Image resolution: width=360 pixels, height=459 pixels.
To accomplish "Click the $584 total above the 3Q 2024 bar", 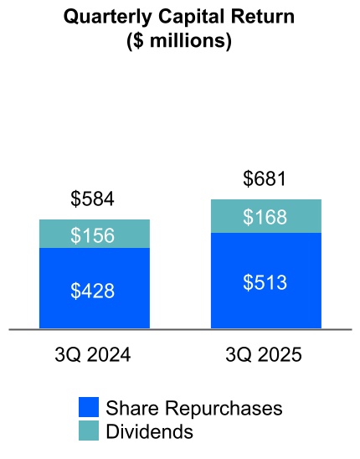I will [x=92, y=199].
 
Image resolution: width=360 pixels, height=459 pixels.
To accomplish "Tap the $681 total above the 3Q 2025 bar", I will [x=265, y=179].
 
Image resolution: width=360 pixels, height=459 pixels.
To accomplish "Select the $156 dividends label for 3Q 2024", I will [x=93, y=235].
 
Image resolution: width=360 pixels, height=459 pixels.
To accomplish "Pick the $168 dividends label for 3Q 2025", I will [x=265, y=217].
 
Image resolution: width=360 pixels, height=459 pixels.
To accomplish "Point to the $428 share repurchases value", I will [x=93, y=291].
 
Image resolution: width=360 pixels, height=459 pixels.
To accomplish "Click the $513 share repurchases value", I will [x=265, y=282].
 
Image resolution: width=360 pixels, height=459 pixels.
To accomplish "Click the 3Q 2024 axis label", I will [x=92, y=355].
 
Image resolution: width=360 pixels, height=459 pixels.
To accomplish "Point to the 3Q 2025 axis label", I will [x=264, y=355].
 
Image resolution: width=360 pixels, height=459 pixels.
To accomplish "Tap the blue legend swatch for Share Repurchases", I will [x=90, y=408].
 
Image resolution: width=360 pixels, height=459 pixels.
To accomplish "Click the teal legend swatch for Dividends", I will [x=90, y=431].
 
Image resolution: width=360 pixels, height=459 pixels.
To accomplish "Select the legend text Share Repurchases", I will [x=193, y=408].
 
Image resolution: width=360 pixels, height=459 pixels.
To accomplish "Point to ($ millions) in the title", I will [x=179, y=40].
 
